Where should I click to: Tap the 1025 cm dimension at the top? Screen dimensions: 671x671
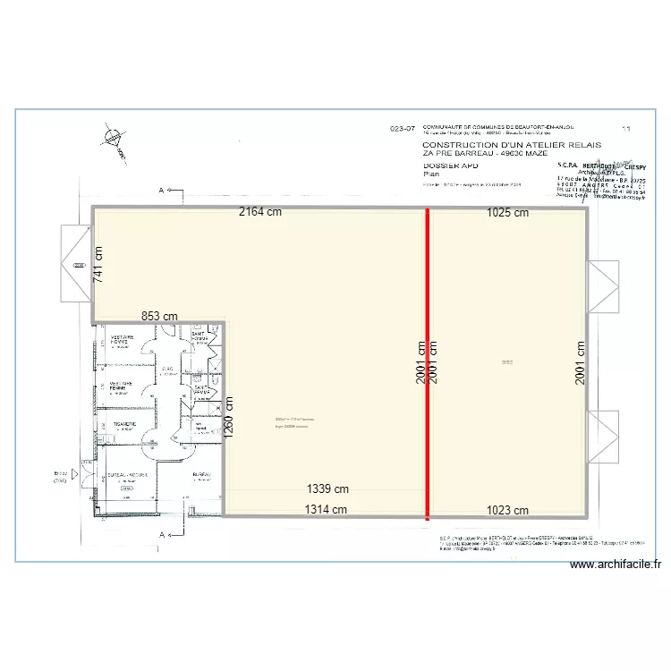click(507, 213)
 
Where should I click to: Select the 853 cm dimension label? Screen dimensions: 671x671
click(159, 317)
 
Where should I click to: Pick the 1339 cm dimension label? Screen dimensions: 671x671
click(327, 489)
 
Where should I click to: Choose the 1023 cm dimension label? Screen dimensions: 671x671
click(507, 510)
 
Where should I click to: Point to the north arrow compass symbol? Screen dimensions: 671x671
click(113, 139)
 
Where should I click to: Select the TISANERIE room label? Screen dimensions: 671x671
click(123, 424)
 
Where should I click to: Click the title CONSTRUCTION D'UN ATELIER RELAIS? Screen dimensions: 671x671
click(511, 144)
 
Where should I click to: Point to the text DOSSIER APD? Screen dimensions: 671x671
click(452, 166)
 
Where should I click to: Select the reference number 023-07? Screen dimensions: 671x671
click(403, 129)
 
